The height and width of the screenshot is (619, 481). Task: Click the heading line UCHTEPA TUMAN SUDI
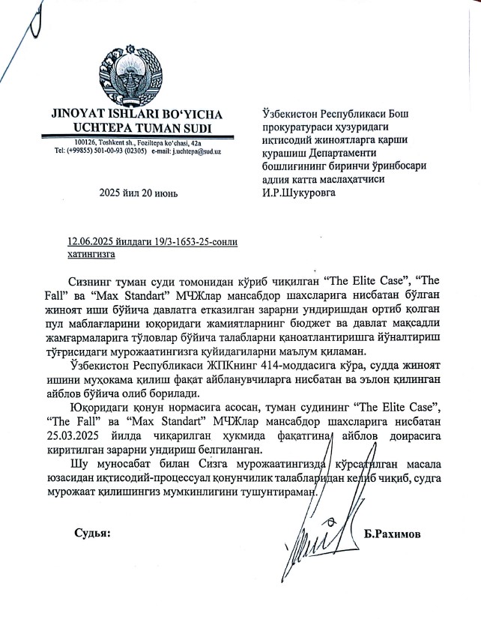[x=138, y=127]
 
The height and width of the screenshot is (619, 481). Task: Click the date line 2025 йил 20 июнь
[x=139, y=194]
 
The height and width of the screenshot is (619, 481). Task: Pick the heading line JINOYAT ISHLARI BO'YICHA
[x=138, y=115]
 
